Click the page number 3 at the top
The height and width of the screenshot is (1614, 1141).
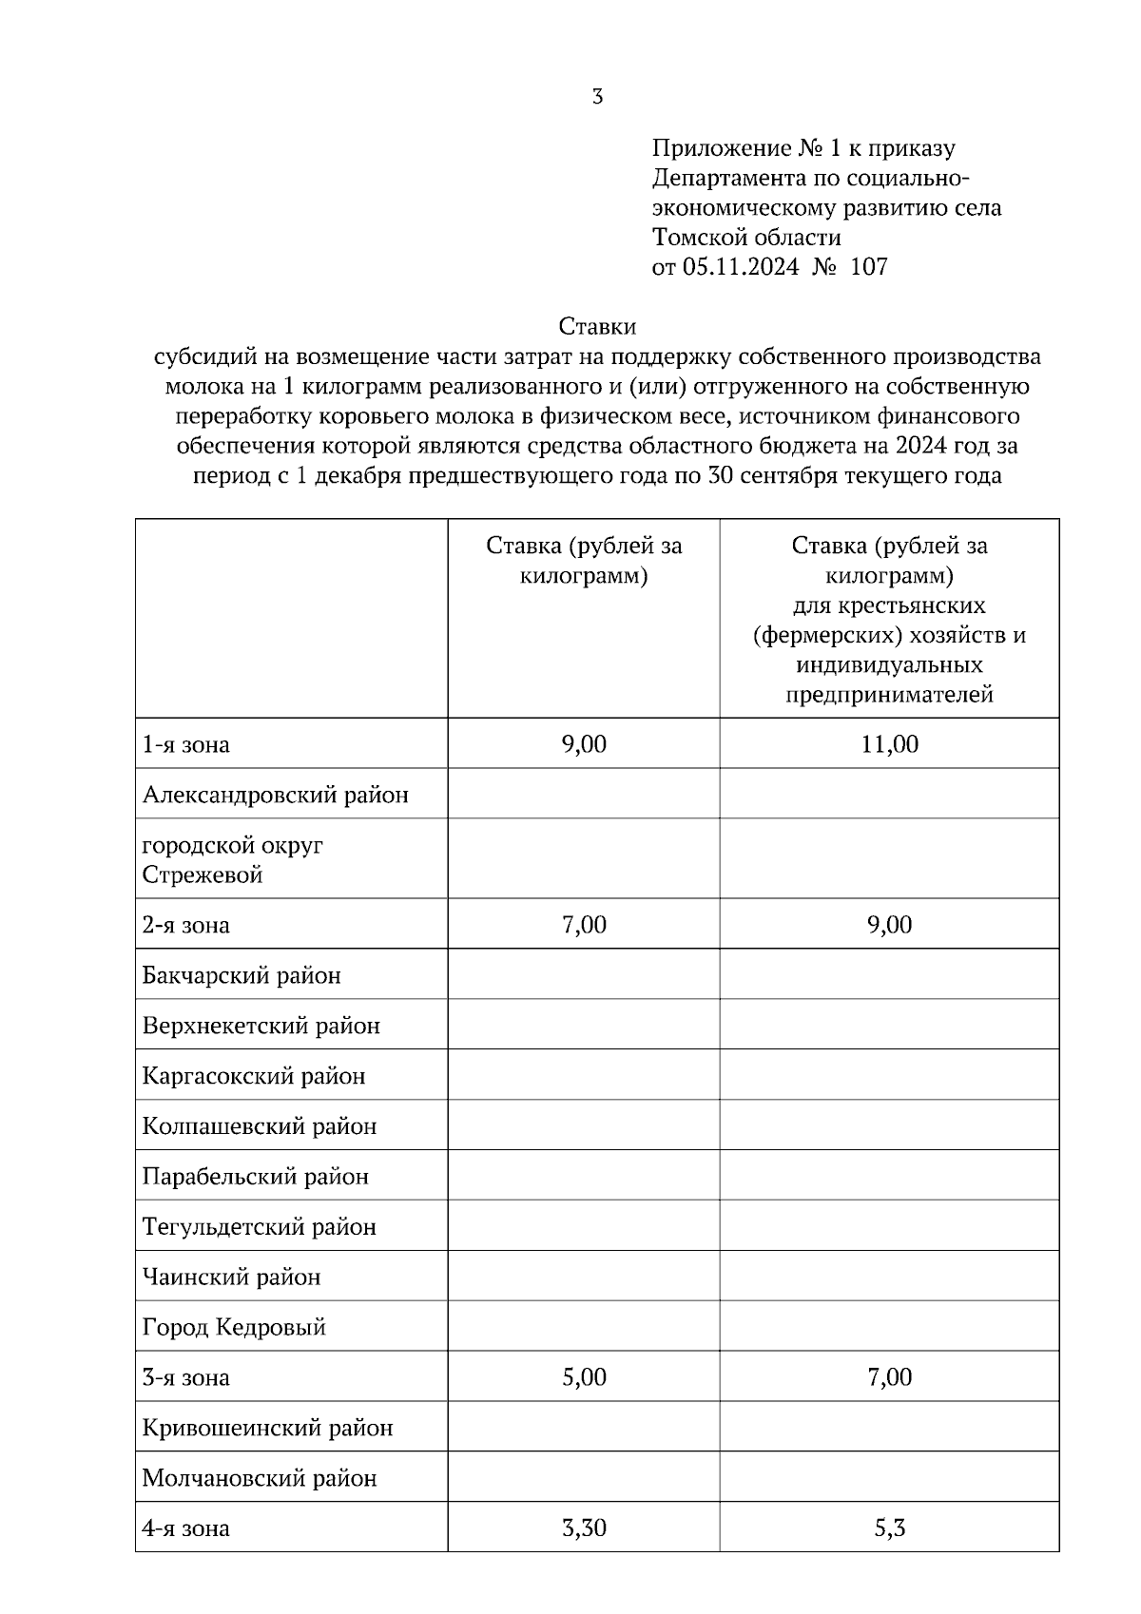coord(597,96)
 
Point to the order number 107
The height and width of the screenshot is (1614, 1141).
coord(868,267)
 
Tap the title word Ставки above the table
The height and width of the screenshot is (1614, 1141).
coord(597,327)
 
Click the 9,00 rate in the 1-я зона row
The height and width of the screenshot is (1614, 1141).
coord(584,743)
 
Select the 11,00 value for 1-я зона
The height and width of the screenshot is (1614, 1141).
coord(889,743)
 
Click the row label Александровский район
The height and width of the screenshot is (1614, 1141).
coord(276,794)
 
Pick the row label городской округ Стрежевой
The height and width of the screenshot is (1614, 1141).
coord(233,859)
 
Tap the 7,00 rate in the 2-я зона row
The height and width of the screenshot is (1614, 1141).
coord(584,925)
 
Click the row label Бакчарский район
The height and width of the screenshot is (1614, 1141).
coord(242,975)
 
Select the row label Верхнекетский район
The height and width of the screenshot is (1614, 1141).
coord(261,1026)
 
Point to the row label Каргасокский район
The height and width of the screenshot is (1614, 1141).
coord(254,1076)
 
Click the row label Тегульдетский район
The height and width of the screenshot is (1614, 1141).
coord(260,1227)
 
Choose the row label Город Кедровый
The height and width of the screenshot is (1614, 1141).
coord(234,1327)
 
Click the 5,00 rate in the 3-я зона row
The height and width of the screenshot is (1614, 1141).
coord(584,1377)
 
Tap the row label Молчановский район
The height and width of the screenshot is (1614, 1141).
coord(260,1478)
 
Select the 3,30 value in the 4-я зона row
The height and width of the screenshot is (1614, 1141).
coord(584,1528)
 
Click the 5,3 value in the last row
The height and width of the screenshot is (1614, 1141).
coord(889,1528)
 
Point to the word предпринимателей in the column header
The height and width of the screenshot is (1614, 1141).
coord(889,695)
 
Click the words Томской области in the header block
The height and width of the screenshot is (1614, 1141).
coord(746,238)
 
